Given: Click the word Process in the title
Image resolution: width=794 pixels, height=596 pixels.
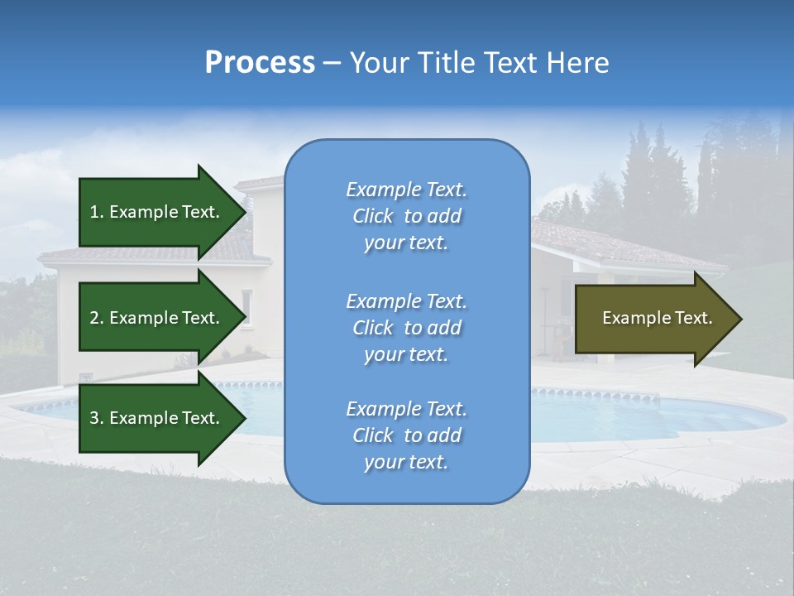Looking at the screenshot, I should click(x=260, y=63).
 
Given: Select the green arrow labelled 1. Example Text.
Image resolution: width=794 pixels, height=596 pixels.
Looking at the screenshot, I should click(x=157, y=212).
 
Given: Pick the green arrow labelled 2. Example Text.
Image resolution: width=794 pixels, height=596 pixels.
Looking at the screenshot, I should click(x=157, y=318).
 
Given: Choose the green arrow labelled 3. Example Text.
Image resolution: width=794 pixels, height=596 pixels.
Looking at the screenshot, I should click(x=157, y=418).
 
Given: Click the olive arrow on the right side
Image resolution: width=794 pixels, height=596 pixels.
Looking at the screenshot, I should click(x=653, y=319).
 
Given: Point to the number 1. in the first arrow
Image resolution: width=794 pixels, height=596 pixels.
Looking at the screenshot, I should click(x=97, y=212).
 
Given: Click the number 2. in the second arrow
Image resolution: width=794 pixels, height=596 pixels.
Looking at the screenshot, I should click(x=97, y=318).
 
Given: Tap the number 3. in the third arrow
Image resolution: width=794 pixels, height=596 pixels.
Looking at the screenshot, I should click(x=97, y=418).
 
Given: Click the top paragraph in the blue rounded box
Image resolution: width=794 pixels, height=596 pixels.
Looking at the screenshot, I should click(x=406, y=216).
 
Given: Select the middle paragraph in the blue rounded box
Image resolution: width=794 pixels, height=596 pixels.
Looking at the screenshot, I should click(x=406, y=328).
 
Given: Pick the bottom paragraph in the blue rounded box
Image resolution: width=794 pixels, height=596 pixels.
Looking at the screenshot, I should click(x=406, y=435).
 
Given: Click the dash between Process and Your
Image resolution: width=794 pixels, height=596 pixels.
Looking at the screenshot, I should click(x=332, y=63).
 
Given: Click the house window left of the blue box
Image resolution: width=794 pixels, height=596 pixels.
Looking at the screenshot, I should click(x=246, y=306).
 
